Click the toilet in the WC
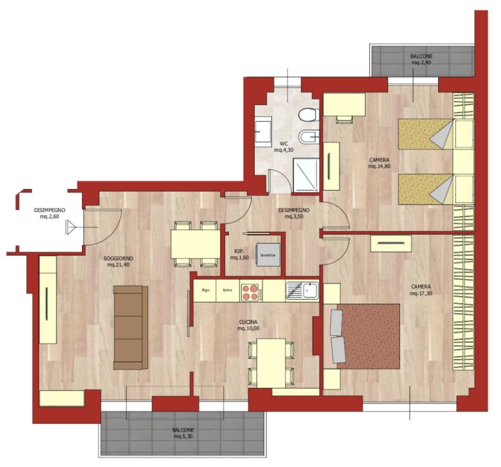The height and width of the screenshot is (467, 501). (309, 115)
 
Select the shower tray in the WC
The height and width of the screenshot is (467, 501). (306, 175)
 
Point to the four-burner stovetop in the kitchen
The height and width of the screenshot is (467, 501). (250, 291)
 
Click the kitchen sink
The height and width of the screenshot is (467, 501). (302, 290)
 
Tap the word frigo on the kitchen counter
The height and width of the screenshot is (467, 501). (205, 290)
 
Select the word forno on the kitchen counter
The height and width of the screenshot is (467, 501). (228, 290)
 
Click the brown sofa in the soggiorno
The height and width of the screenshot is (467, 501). (130, 328)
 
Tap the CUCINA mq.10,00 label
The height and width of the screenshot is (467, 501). (248, 325)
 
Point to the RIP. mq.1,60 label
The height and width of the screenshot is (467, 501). (239, 254)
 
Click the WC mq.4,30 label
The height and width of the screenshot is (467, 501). (283, 147)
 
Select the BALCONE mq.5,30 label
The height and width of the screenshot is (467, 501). (183, 433)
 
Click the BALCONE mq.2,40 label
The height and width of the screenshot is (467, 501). (421, 59)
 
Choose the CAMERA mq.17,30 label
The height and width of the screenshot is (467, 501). (421, 289)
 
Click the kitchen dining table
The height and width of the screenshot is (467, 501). (271, 363)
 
